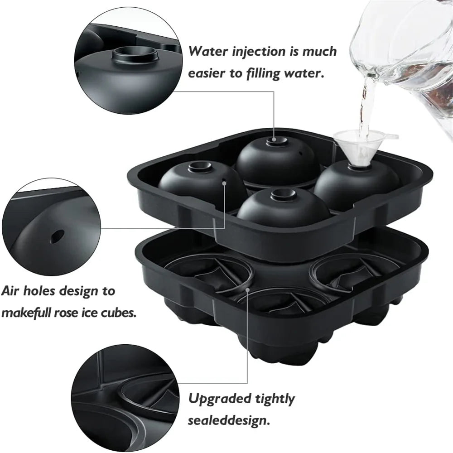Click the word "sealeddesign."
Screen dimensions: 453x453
pyautogui.click(x=229, y=421)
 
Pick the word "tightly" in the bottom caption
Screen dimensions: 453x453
pyautogui.click(x=275, y=399)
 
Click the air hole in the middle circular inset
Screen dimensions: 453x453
pyautogui.click(x=57, y=236)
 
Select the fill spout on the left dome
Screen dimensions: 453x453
pyautogui.click(x=200, y=167)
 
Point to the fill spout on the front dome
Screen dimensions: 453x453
pyautogui.click(x=284, y=195)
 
